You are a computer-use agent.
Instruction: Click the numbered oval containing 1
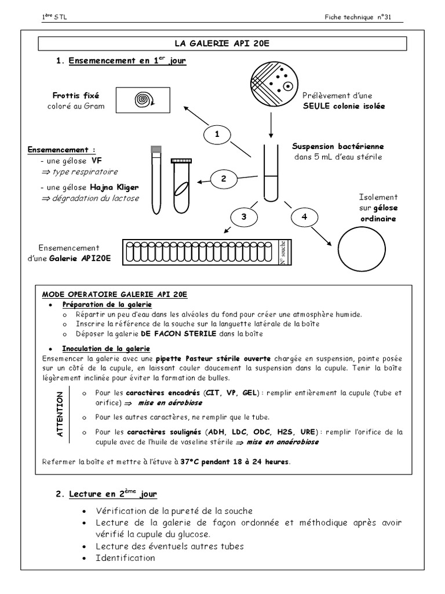coord(217,134)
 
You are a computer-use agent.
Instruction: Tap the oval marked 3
coord(244,217)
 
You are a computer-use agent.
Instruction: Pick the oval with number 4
coord(304,217)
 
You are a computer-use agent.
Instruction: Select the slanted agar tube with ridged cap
coord(180,184)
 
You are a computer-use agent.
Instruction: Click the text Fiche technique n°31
coord(359,17)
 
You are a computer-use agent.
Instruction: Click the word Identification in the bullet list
coord(126,558)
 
